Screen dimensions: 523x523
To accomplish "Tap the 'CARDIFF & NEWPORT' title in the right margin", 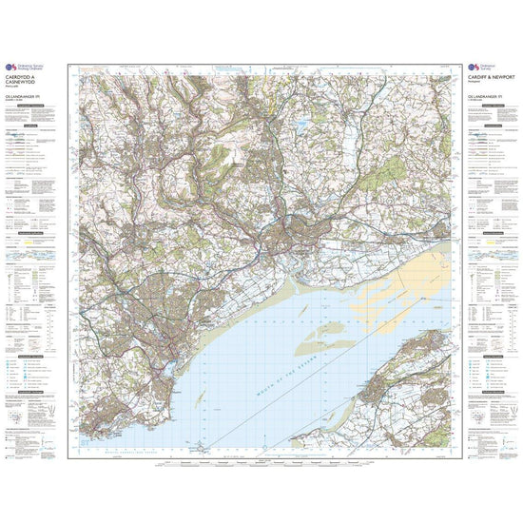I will [490, 77].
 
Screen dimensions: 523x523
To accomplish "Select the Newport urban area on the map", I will [285, 233].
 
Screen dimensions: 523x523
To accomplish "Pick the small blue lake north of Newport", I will [302, 124].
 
